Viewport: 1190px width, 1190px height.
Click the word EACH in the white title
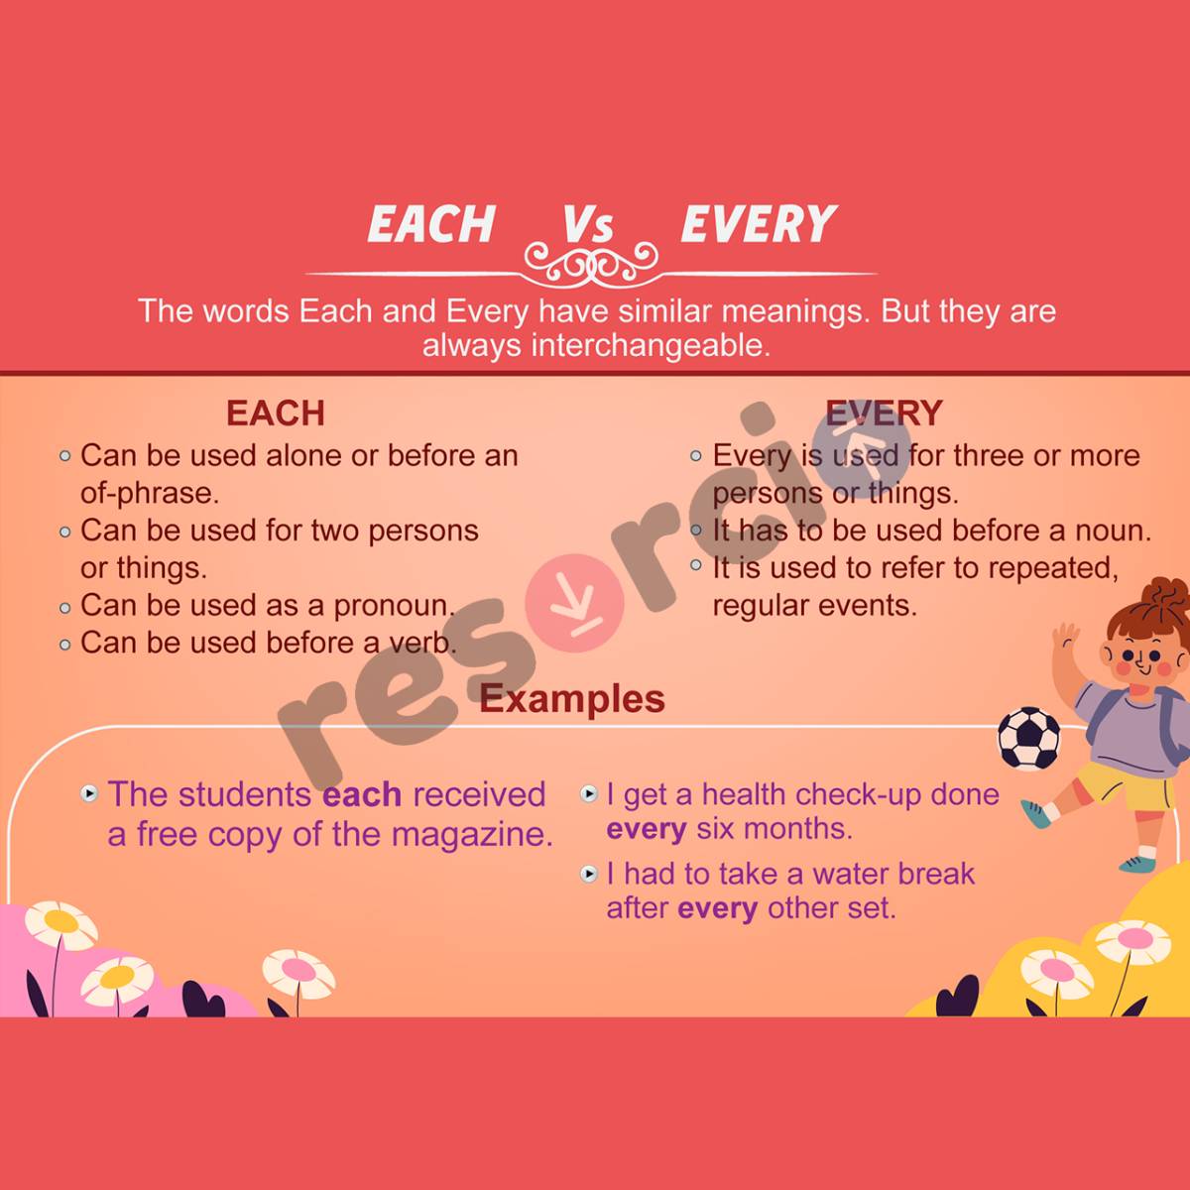(x=431, y=224)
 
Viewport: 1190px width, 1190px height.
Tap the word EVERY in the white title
(x=759, y=224)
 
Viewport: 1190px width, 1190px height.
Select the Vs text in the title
(x=588, y=224)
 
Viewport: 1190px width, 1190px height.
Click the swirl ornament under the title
(x=591, y=264)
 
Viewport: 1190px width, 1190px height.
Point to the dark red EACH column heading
(x=275, y=413)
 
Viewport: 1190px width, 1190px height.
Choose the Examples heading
(x=572, y=699)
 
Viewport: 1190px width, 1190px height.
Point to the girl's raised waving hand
(x=1065, y=637)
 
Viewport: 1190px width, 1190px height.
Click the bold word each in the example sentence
(x=362, y=794)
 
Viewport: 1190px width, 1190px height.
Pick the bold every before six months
(x=646, y=829)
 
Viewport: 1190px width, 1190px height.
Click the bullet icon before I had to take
(x=589, y=874)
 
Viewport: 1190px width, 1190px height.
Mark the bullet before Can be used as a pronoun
(x=65, y=607)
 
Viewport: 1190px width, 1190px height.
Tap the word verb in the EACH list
(x=420, y=644)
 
